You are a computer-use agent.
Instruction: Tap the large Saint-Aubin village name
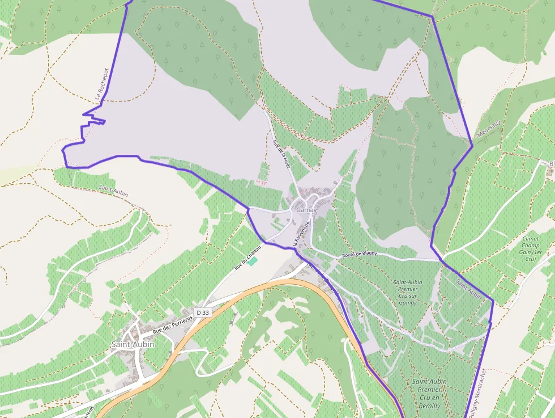point(132,344)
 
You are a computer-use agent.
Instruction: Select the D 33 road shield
point(203,313)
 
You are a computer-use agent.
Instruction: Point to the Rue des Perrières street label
point(173,324)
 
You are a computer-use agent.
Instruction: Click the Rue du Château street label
point(248,257)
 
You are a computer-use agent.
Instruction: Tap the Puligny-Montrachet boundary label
point(480,391)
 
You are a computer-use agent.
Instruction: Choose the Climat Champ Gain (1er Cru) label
point(530,248)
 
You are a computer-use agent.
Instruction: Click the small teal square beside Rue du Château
point(253,260)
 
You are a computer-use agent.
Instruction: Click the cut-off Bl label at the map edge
point(551,164)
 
